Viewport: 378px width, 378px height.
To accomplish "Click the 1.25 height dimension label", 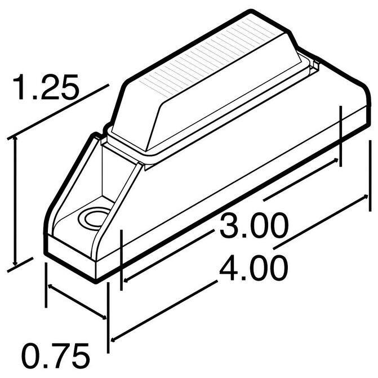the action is click(46, 87).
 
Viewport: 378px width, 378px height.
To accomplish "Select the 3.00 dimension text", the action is click(254, 225).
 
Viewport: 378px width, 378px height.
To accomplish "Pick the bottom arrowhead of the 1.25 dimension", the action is click(15, 263).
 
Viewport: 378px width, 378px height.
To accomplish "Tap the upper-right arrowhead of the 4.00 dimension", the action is click(366, 197).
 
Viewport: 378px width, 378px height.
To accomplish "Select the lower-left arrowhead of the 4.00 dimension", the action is click(114, 340).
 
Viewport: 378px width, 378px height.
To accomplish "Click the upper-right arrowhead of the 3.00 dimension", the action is click(335, 161).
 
